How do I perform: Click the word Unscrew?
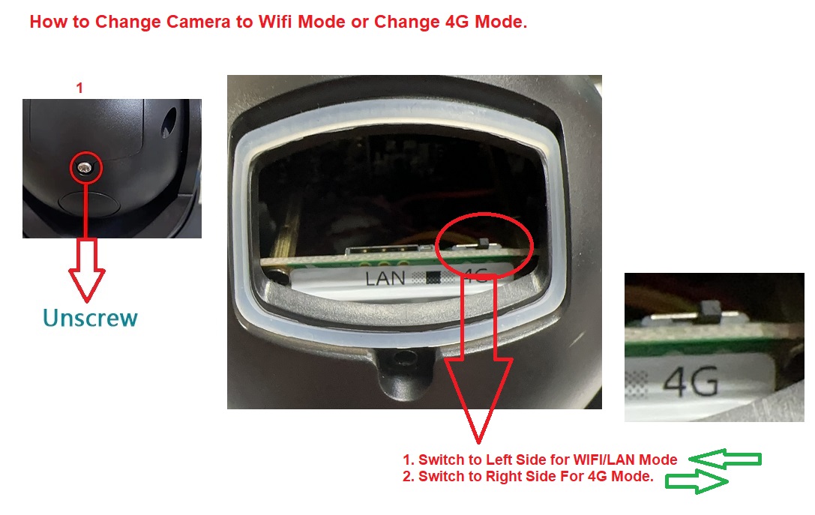(90, 318)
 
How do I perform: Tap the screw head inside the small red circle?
(85, 167)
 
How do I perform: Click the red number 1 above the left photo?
(79, 88)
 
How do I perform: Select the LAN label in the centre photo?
(385, 279)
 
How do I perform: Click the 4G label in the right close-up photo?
(691, 382)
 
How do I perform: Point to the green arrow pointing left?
(725, 459)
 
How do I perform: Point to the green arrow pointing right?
(697, 481)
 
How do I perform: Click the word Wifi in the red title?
(275, 22)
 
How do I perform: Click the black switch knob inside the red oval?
(484, 243)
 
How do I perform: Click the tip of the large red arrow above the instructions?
(478, 443)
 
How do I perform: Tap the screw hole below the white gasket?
(403, 358)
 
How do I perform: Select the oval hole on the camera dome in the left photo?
(169, 123)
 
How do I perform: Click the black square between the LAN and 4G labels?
(433, 278)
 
